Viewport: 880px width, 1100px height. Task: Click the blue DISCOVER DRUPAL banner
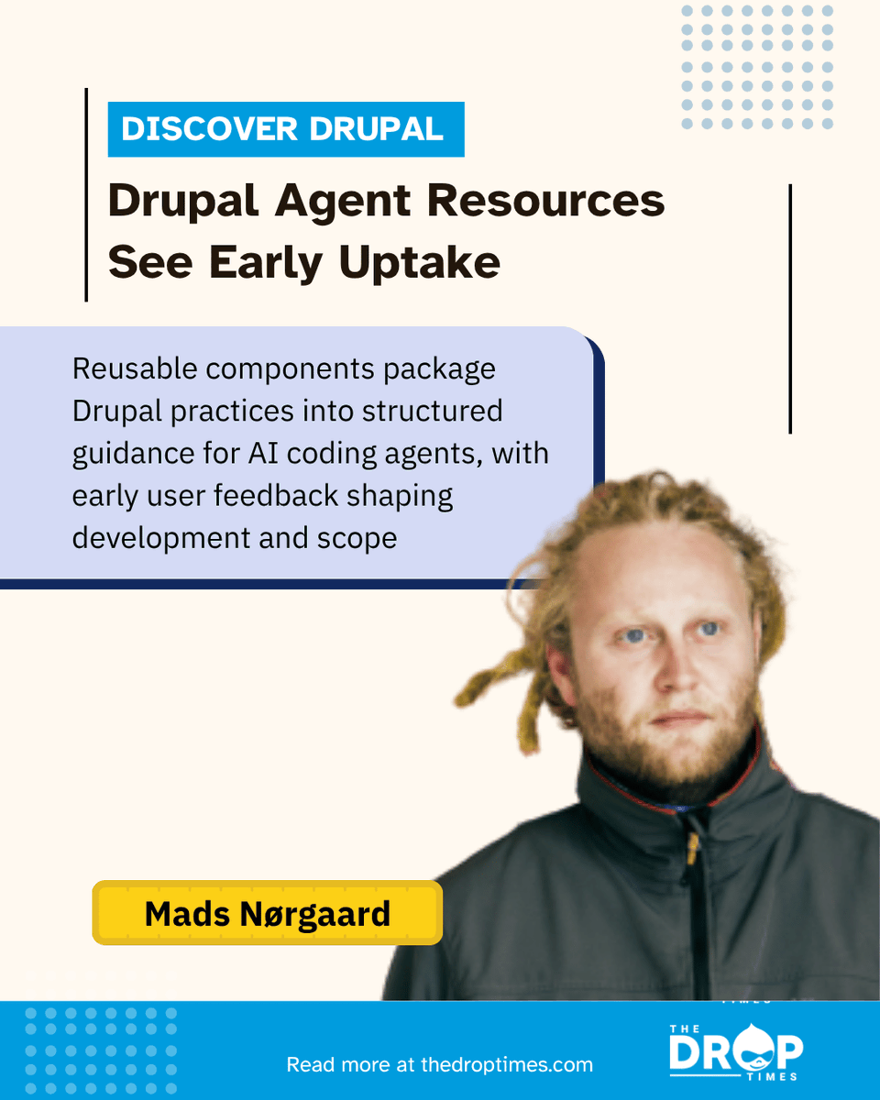[x=285, y=129]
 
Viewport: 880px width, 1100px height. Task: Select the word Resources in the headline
[x=545, y=202]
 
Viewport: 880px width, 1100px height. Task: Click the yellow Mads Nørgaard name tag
[x=267, y=913]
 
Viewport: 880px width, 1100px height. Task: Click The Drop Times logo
[x=735, y=1051]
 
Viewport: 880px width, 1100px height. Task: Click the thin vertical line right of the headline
[x=789, y=308]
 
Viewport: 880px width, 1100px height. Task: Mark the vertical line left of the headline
[x=86, y=194]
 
